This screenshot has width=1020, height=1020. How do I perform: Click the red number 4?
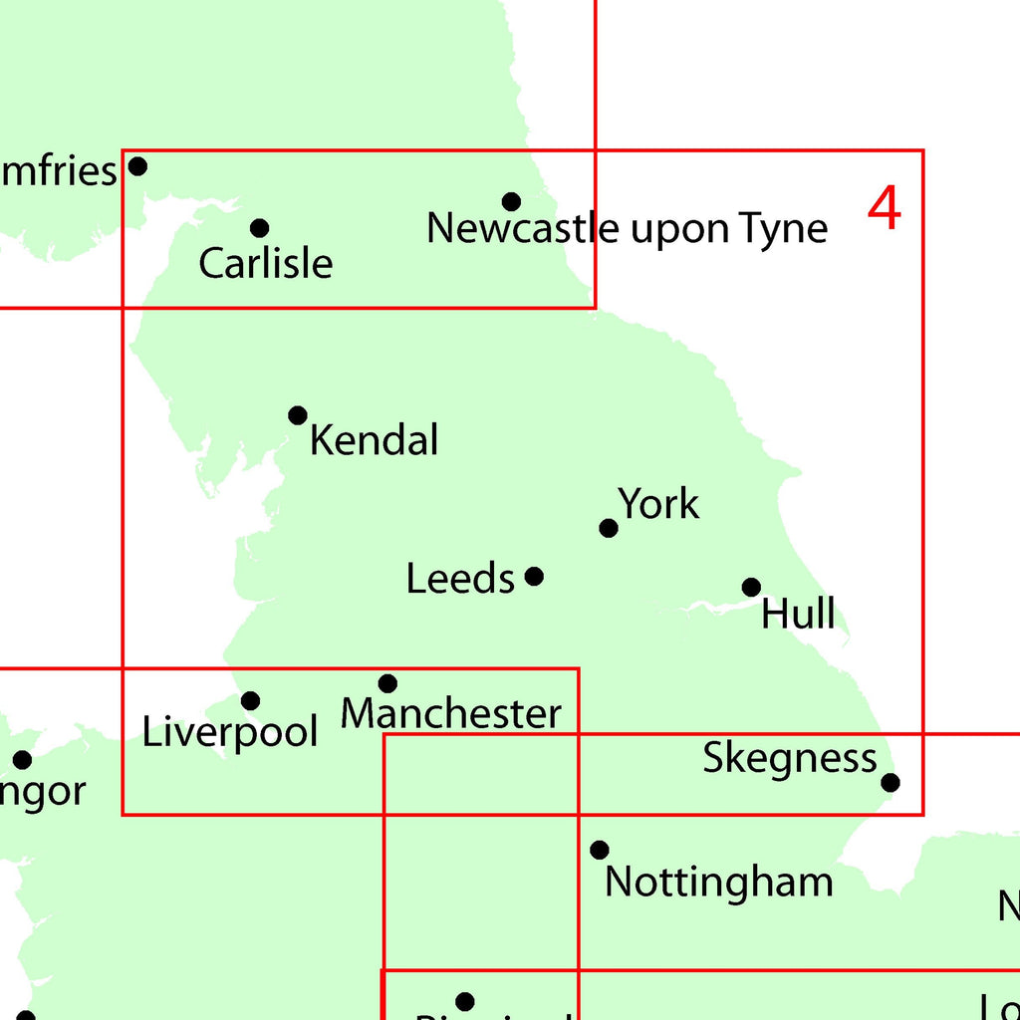[884, 209]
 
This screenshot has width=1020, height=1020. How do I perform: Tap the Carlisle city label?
[265, 264]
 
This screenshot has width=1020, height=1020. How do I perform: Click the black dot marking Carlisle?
[259, 228]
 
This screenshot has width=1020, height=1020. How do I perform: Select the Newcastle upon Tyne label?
[627, 229]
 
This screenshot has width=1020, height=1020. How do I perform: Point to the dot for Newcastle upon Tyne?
[511, 202]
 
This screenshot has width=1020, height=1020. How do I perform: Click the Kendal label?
[374, 439]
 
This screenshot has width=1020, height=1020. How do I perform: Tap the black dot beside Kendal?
[297, 415]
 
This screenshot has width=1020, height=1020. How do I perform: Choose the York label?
[658, 504]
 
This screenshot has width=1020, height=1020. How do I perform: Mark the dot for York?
[608, 528]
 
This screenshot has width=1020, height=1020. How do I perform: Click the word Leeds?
[460, 579]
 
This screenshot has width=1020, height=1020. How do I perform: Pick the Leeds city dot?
[534, 576]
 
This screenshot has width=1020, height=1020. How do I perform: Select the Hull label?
[798, 614]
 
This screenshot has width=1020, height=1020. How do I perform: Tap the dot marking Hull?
[751, 588]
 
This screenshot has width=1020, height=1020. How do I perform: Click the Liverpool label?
[230, 732]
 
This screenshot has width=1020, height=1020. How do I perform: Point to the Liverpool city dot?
[250, 701]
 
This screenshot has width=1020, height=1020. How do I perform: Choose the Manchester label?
[451, 714]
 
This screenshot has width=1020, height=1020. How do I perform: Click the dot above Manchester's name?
[387, 683]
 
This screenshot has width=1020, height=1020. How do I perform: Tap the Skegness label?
[790, 759]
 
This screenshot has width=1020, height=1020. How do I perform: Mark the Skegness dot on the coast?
[891, 782]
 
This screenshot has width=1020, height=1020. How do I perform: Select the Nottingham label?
[718, 883]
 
